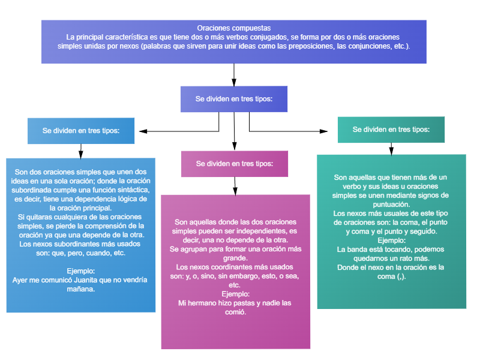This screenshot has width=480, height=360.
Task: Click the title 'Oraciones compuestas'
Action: (234, 28)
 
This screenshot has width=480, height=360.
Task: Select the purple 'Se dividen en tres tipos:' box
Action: (234, 99)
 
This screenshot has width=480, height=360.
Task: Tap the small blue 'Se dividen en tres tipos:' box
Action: (81, 131)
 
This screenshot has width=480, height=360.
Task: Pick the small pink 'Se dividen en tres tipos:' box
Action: (235, 164)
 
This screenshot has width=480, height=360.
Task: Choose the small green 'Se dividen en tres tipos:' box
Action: (391, 130)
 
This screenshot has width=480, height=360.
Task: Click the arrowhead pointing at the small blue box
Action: (143, 131)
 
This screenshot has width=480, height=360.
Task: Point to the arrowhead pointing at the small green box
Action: (323, 131)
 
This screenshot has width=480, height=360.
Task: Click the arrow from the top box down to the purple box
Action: (234, 75)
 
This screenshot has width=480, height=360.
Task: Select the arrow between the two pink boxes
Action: (235, 186)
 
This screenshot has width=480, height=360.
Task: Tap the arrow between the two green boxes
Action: (391, 149)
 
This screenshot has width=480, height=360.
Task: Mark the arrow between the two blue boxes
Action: (81, 151)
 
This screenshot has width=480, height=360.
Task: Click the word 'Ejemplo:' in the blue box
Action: (81, 271)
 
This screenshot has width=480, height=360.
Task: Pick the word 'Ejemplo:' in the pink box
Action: (235, 294)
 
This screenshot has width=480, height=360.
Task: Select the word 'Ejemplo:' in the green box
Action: (392, 241)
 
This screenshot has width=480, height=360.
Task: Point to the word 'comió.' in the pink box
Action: (235, 312)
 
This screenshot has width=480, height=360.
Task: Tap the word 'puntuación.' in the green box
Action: (391, 205)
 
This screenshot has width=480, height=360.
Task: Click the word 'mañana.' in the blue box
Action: (81, 289)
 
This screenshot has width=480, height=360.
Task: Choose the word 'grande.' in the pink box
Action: (235, 258)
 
